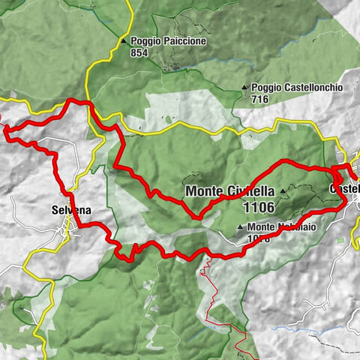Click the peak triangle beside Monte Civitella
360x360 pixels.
coord(284,191)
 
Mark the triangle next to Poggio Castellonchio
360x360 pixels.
coord(245,88)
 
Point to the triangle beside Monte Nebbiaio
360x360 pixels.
coord(239,227)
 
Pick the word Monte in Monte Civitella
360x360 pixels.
coord(202,190)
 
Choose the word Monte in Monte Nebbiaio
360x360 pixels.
coord(259,227)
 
